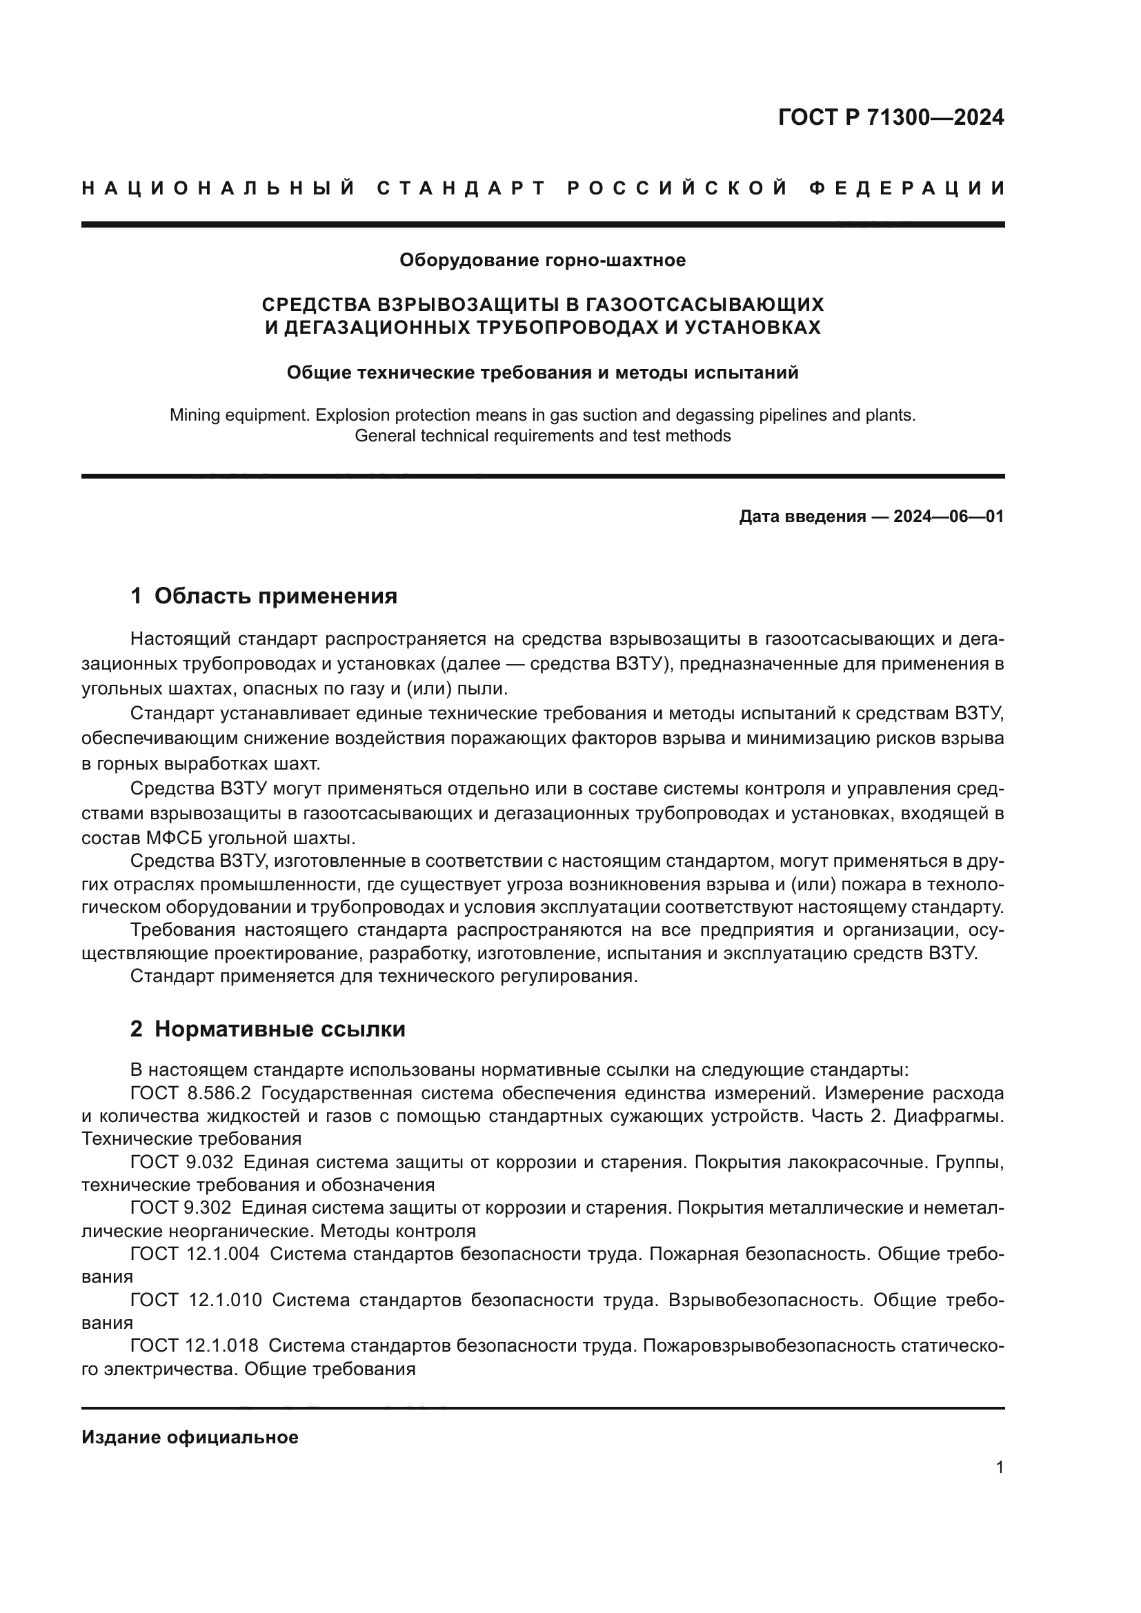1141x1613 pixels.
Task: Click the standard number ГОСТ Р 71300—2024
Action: [890, 117]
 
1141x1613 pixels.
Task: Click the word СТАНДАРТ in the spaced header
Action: [462, 188]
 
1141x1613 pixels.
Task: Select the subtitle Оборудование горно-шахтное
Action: [542, 261]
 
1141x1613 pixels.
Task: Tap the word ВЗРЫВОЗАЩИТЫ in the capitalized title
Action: [470, 305]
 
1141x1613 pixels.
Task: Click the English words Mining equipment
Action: [239, 415]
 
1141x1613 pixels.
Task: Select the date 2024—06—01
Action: [948, 517]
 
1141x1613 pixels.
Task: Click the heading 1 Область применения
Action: [264, 597]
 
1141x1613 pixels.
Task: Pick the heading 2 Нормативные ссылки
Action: [268, 1029]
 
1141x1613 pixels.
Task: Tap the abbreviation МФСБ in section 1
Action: [175, 838]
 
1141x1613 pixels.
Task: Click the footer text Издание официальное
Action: [190, 1437]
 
